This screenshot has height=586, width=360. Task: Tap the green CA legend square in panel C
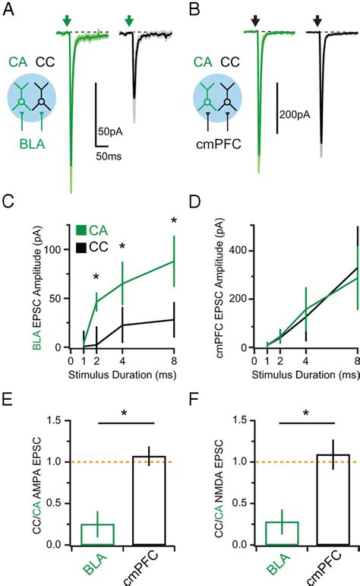[x=82, y=230]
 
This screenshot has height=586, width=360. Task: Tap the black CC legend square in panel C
[x=82, y=246]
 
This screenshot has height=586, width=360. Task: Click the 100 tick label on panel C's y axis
[x=52, y=249]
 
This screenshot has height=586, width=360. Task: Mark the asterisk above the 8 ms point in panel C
[x=174, y=221]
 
